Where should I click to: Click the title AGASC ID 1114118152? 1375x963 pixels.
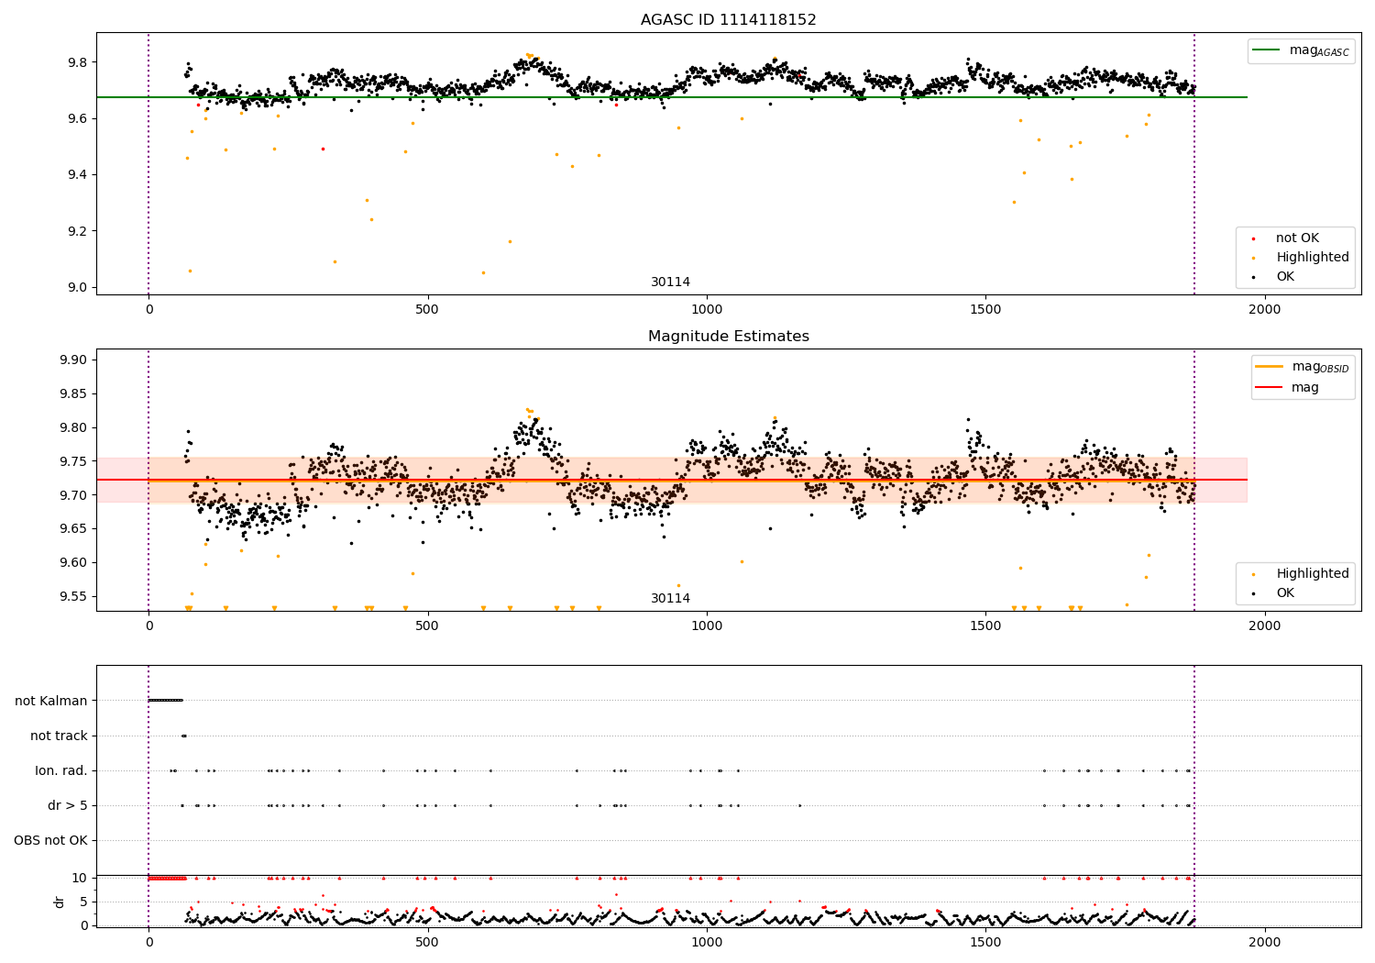tap(728, 20)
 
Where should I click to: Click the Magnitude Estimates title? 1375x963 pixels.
tap(728, 337)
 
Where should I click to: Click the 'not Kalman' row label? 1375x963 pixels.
tap(51, 701)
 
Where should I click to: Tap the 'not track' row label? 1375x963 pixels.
tap(59, 736)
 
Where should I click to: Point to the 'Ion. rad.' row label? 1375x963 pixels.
tap(61, 770)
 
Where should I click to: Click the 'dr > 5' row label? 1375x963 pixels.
tap(68, 805)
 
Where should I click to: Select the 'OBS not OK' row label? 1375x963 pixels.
tap(50, 840)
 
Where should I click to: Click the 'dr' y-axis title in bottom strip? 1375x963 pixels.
tap(60, 902)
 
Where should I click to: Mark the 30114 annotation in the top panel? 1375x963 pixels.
tap(670, 282)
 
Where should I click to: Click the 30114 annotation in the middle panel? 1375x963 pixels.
tap(670, 599)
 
